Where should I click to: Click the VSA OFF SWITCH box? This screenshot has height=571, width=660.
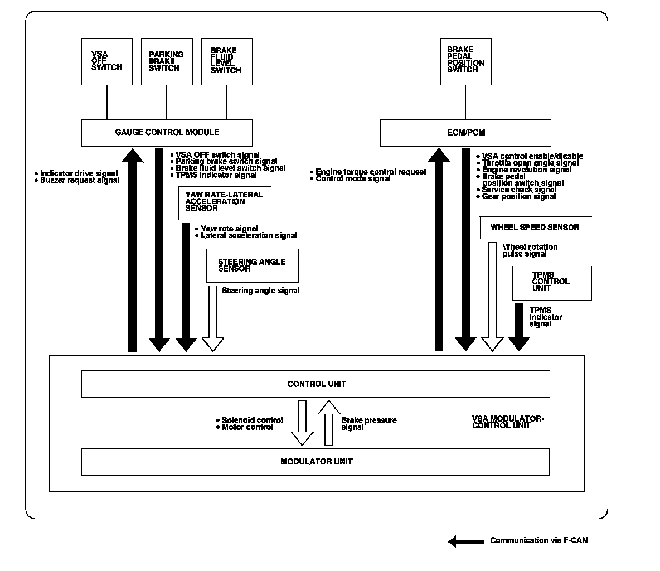(x=107, y=61)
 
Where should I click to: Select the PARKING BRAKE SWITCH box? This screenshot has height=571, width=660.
(x=167, y=61)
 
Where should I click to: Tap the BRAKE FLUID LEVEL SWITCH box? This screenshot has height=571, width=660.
(x=226, y=61)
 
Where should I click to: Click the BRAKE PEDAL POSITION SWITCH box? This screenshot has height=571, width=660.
(x=465, y=61)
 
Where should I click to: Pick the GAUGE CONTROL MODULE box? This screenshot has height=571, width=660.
(x=167, y=133)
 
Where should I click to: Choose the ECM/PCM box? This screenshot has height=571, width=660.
(x=465, y=133)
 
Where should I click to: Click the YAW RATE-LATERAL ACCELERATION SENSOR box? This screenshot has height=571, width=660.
(x=225, y=202)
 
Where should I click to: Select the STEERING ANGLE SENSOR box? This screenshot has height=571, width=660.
(x=253, y=265)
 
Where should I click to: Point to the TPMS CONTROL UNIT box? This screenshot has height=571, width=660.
(x=552, y=283)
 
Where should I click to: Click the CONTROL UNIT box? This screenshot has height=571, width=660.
(x=316, y=384)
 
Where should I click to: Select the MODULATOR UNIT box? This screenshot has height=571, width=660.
(x=316, y=462)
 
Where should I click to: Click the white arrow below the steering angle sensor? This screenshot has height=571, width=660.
(x=212, y=318)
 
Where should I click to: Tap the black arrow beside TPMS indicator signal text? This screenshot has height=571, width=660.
(x=519, y=327)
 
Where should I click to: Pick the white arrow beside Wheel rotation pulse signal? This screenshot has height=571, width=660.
(x=492, y=296)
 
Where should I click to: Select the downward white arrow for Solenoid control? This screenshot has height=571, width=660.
(x=303, y=422)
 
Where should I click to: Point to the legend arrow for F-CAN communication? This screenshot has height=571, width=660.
(x=467, y=541)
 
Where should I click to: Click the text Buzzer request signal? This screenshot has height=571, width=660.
(x=79, y=181)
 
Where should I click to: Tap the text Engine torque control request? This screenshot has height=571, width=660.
(x=371, y=172)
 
